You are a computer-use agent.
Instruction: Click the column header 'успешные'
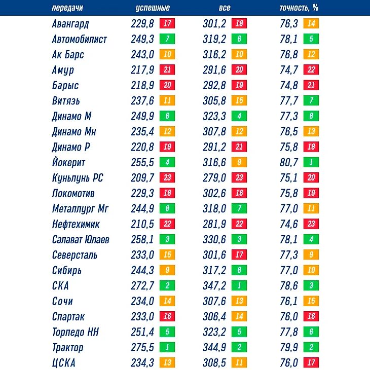(x=153, y=8)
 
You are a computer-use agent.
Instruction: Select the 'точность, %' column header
(x=298, y=8)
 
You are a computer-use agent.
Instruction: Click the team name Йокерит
(x=68, y=163)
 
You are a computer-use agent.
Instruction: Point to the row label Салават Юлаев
(x=80, y=240)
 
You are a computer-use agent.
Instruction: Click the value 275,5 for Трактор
(x=142, y=348)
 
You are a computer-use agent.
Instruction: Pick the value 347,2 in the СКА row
(x=214, y=286)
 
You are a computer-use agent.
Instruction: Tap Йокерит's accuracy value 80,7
(x=289, y=163)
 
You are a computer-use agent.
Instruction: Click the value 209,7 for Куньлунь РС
(x=142, y=178)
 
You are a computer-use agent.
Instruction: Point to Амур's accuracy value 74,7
(x=289, y=70)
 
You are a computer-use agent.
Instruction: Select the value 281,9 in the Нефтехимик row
(x=214, y=224)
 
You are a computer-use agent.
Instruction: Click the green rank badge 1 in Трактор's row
(x=167, y=348)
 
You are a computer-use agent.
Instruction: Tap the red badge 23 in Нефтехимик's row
(x=311, y=224)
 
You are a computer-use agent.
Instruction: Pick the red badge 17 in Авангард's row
(x=167, y=23)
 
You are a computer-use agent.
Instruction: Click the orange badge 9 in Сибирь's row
(x=167, y=271)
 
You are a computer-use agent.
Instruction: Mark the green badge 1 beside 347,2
(x=239, y=286)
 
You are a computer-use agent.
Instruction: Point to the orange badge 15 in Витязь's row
(x=239, y=101)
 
